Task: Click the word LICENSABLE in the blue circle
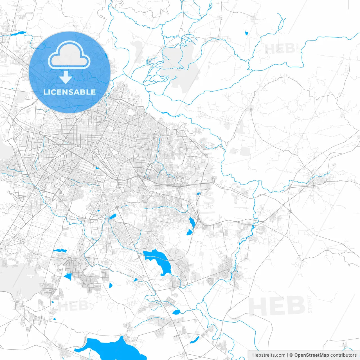[x=69, y=92]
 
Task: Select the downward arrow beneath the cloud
[x=66, y=77]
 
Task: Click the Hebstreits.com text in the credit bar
[x=269, y=355]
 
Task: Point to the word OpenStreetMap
[x=311, y=355]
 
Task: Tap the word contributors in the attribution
[x=343, y=355]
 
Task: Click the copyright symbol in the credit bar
[x=291, y=355]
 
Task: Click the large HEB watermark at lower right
[x=277, y=306]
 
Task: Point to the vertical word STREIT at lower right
[x=310, y=304]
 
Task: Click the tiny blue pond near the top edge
[x=247, y=33]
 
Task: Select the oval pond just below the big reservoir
[x=176, y=312]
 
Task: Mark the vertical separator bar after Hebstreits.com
[x=287, y=355]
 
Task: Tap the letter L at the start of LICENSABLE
[x=45, y=92]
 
